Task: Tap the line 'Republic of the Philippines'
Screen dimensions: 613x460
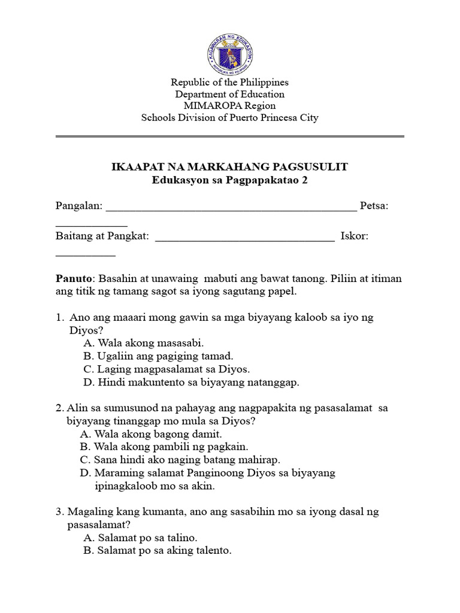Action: (x=230, y=83)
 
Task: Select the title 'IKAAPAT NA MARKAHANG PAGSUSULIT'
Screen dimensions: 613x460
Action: (x=230, y=167)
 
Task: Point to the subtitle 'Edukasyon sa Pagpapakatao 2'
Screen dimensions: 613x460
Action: (x=230, y=180)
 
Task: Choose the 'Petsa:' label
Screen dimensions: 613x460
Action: (x=374, y=207)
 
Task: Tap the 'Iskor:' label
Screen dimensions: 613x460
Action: (x=354, y=236)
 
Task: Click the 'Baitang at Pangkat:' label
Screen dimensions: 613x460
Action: (x=102, y=236)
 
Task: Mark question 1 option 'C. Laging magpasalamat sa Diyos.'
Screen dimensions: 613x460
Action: (x=167, y=369)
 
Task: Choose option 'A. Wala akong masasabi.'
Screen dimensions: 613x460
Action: (x=144, y=343)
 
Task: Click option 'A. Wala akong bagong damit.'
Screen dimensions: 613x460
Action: (x=151, y=434)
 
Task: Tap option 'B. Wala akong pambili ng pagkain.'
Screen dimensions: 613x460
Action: (x=164, y=447)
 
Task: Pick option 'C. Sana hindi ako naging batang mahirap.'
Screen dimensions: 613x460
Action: (x=180, y=460)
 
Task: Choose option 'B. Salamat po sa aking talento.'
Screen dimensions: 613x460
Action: (x=158, y=551)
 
